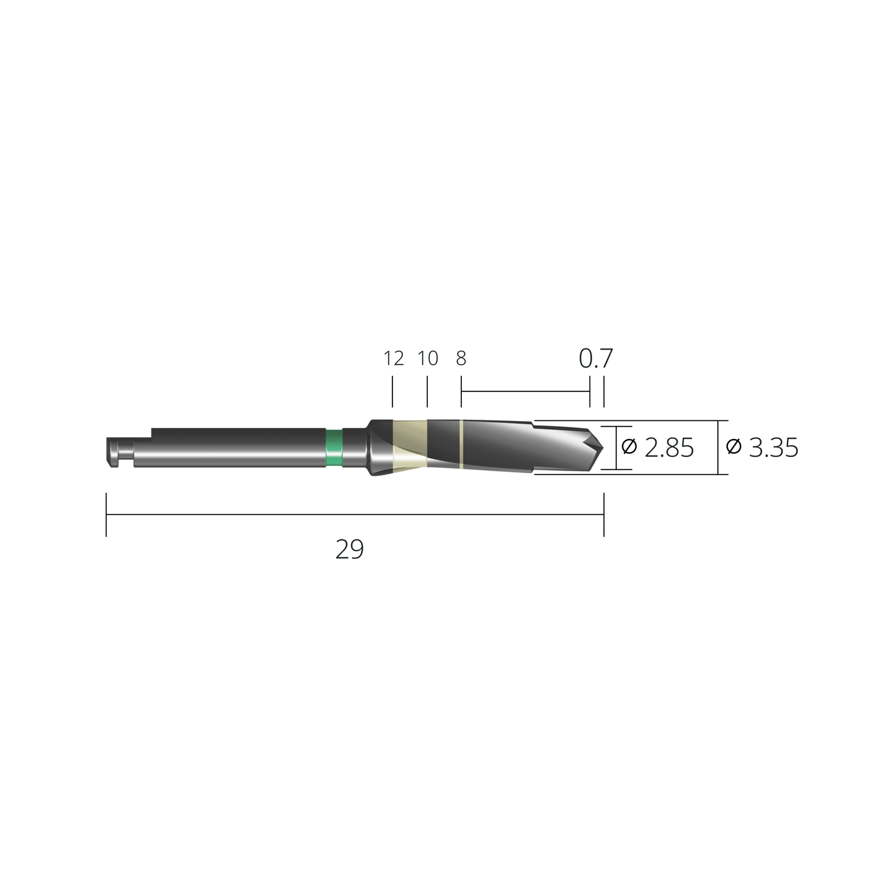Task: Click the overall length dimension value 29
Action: pyautogui.click(x=349, y=549)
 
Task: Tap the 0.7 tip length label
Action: pyautogui.click(x=595, y=358)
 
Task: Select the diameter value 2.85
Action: pyautogui.click(x=669, y=447)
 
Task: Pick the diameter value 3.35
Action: pyautogui.click(x=773, y=447)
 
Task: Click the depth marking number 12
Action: pyautogui.click(x=394, y=358)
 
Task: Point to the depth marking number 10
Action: pyautogui.click(x=428, y=358)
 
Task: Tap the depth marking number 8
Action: pyautogui.click(x=461, y=358)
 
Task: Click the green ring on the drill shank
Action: pyautogui.click(x=334, y=447)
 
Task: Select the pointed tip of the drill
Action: pyautogui.click(x=602, y=447)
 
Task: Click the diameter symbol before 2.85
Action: pyautogui.click(x=629, y=446)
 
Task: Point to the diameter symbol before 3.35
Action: pyautogui.click(x=734, y=446)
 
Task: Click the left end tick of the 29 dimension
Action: pyautogui.click(x=107, y=514)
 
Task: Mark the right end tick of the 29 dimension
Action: pyautogui.click(x=603, y=514)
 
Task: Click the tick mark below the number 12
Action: pyautogui.click(x=393, y=394)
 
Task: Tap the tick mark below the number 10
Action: pyautogui.click(x=427, y=394)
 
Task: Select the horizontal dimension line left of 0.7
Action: pyautogui.click(x=525, y=392)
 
